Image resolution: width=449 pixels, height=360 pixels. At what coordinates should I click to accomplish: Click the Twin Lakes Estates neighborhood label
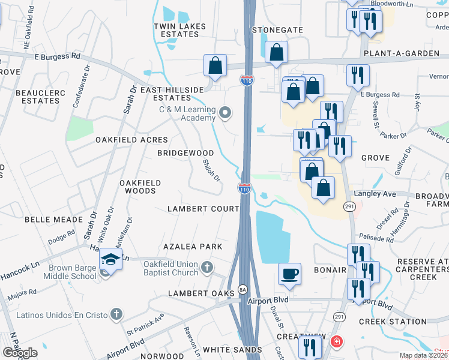click(x=180, y=30)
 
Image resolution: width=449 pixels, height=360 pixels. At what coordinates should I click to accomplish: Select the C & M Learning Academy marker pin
click(x=226, y=112)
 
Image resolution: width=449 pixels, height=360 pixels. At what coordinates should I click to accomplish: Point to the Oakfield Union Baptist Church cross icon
click(x=206, y=267)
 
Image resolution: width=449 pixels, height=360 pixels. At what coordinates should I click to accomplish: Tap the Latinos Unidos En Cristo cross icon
click(x=116, y=314)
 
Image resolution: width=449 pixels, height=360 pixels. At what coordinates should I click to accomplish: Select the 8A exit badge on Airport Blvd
click(x=243, y=289)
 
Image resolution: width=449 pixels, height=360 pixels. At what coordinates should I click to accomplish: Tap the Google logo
click(x=20, y=352)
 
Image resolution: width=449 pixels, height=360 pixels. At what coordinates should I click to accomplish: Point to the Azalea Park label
click(x=193, y=247)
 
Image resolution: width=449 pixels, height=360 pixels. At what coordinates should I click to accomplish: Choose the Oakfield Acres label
click(x=131, y=140)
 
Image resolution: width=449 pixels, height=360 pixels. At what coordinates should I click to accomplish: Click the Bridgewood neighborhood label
click(x=185, y=153)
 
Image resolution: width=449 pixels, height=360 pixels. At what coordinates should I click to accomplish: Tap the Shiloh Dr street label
click(x=212, y=170)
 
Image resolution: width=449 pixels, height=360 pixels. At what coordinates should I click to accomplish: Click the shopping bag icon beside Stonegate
click(x=276, y=52)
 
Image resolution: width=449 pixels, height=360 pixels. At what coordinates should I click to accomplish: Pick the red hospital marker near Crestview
click(x=337, y=342)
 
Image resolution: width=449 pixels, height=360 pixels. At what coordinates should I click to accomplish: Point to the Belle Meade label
click(x=49, y=220)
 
